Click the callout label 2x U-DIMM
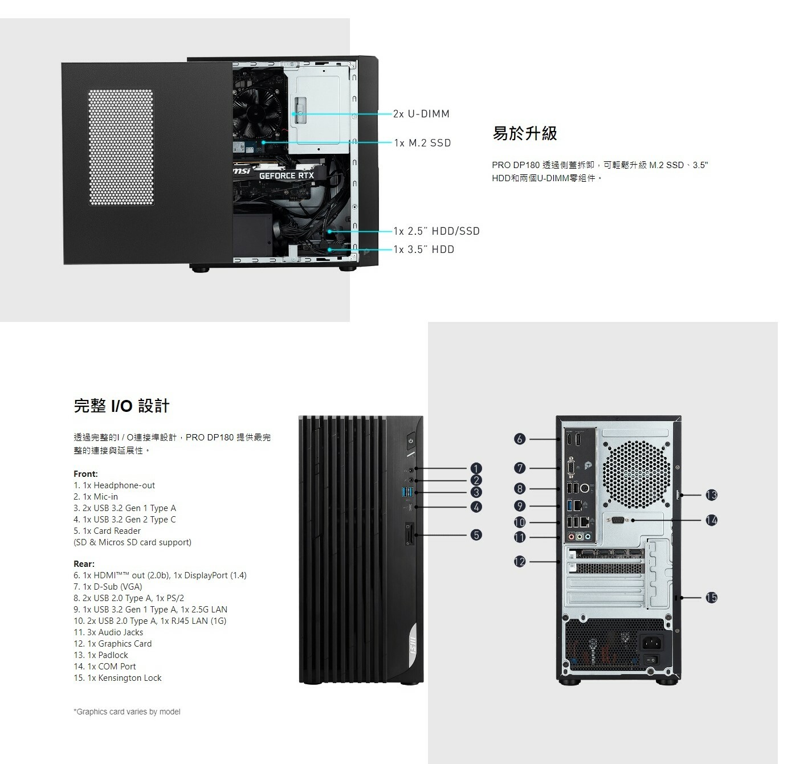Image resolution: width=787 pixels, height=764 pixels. click(421, 114)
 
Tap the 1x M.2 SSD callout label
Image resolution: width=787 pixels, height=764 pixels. click(422, 143)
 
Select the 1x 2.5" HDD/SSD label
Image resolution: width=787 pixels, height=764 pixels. click(437, 231)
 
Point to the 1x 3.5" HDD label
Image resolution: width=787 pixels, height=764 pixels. click(424, 250)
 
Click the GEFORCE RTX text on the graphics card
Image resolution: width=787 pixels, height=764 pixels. click(286, 176)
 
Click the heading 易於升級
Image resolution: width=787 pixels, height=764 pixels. click(524, 134)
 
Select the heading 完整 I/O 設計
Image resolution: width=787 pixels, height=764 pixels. click(121, 406)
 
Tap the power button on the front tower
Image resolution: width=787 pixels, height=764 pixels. click(411, 441)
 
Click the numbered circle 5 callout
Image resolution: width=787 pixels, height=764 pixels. click(476, 535)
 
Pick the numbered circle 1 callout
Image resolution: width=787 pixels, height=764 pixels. click(476, 468)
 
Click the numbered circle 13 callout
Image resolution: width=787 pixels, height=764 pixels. click(711, 495)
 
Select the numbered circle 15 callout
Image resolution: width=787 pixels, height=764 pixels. click(711, 598)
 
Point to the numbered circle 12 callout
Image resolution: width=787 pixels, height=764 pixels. click(519, 562)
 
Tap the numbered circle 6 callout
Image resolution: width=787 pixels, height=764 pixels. click(519, 439)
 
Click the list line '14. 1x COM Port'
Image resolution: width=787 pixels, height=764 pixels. click(105, 667)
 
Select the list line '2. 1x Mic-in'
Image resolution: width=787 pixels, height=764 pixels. click(96, 497)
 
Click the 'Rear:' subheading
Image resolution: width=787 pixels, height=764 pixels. click(84, 564)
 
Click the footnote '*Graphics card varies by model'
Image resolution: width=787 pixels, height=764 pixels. click(127, 712)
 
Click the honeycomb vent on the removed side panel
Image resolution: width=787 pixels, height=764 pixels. click(121, 147)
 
